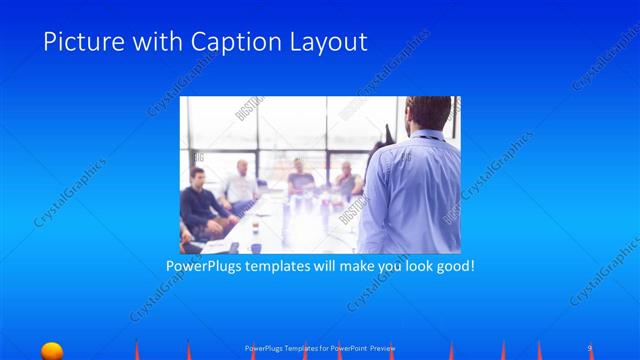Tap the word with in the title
(x=159, y=42)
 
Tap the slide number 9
(x=590, y=347)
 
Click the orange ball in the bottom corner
(x=52, y=350)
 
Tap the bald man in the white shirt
(x=240, y=185)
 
